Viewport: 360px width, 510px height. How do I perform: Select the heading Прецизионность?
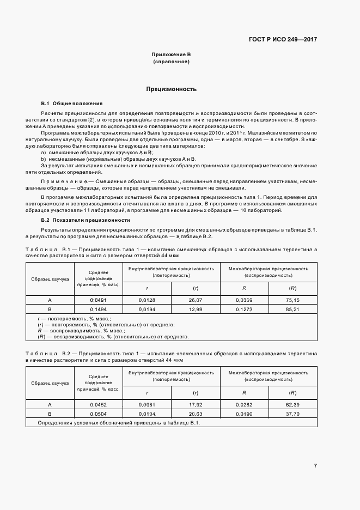[x=171, y=88]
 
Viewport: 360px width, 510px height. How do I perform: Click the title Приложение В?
[x=171, y=55]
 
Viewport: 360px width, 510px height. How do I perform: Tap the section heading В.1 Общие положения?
[x=71, y=104]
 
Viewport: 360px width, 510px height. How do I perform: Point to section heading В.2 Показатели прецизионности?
[x=86, y=220]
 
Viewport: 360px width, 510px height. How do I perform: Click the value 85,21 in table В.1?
[x=292, y=308]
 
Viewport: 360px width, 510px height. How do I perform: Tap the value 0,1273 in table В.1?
[x=244, y=308]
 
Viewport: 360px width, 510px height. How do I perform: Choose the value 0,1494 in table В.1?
[x=99, y=308]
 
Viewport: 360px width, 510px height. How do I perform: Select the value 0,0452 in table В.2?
[x=99, y=405]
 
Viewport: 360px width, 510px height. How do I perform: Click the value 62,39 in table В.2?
[x=292, y=405]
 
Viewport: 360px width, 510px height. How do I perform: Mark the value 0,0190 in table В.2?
[x=244, y=414]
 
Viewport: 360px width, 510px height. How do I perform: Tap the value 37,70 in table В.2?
[x=292, y=414]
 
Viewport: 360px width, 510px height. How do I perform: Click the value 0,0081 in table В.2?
[x=147, y=405]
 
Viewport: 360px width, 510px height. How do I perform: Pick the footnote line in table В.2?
[x=119, y=423]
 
